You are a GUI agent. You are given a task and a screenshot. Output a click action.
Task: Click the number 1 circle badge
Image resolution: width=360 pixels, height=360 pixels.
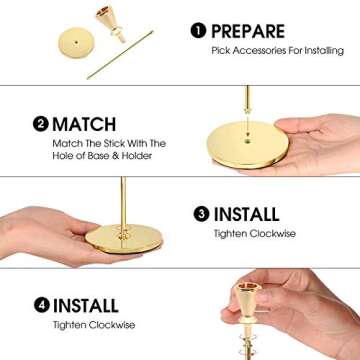click(198, 31)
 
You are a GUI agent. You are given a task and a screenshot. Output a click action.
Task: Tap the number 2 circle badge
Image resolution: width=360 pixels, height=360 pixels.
click(40, 125)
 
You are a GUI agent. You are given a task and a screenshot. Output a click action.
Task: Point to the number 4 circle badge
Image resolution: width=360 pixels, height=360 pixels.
click(40, 305)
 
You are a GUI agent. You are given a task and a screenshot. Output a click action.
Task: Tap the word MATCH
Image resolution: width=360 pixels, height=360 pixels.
click(84, 125)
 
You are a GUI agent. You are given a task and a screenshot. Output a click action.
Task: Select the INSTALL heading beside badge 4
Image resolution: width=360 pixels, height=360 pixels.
click(88, 305)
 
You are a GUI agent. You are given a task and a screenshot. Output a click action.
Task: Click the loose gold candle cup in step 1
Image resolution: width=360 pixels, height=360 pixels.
click(107, 21)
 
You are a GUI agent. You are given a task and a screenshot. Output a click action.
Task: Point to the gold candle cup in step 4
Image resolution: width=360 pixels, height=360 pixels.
click(248, 299)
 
